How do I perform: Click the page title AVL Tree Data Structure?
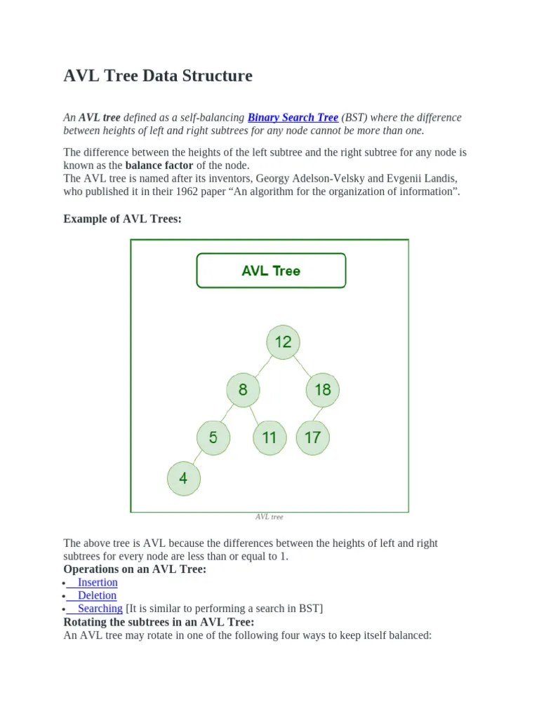[158, 76]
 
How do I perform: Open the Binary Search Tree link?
[293, 118]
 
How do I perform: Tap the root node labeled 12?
[283, 342]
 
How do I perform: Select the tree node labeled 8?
[243, 390]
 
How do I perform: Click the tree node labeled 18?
[323, 390]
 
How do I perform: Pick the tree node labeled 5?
[213, 438]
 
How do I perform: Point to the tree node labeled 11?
[269, 438]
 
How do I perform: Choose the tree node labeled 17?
[312, 438]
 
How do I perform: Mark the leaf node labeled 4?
[183, 479]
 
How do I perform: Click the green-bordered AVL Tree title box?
[271, 271]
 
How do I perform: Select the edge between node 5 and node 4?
[198, 459]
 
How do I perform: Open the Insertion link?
[98, 583]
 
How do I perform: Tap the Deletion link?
[97, 595]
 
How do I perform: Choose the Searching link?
[100, 609]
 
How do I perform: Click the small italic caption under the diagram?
[269, 517]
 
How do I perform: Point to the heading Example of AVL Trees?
[122, 219]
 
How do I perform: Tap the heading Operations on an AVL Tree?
[135, 569]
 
